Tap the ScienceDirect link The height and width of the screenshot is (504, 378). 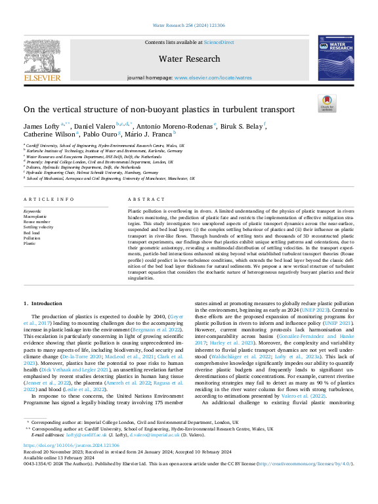point(218,42)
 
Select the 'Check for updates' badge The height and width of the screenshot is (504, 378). point(325,103)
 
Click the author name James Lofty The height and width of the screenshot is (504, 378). point(41,125)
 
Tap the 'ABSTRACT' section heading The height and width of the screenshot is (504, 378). point(142,198)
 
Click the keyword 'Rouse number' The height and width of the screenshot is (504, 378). point(37,222)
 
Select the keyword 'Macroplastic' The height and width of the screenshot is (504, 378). point(35,217)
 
